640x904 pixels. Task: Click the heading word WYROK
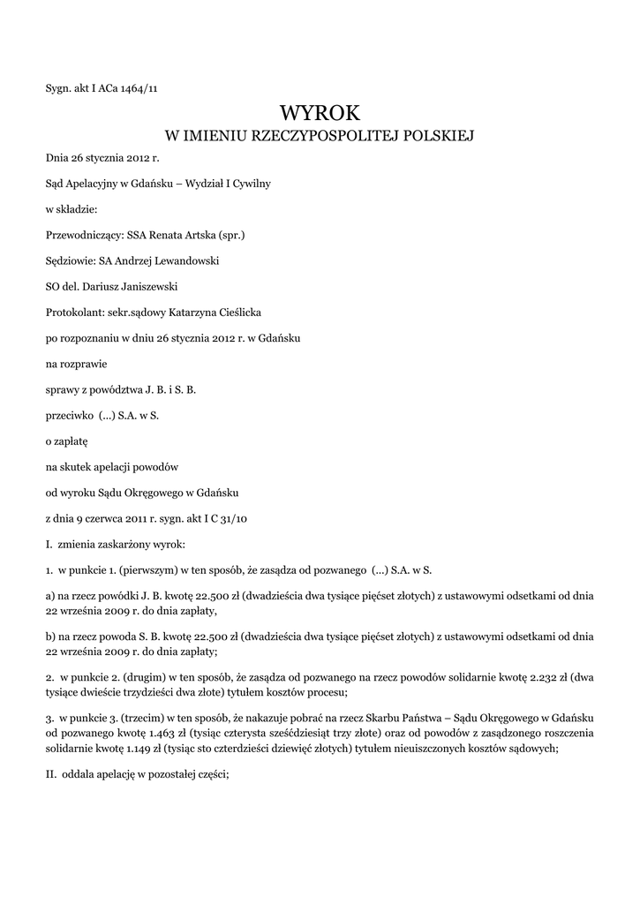pos(320,112)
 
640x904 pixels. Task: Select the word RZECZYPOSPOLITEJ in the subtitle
pos(336,136)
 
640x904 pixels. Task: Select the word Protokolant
pos(72,313)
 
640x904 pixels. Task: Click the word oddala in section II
pos(84,776)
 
